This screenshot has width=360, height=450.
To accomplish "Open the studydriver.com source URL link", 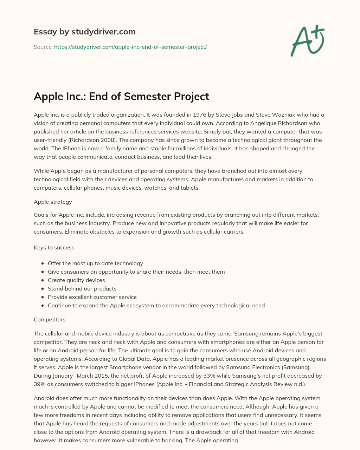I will [130, 47].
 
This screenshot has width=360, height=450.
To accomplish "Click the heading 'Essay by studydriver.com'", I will [84, 32].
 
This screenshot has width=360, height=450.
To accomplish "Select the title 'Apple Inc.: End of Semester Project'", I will [121, 96].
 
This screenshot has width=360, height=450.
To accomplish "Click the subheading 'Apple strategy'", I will [53, 202].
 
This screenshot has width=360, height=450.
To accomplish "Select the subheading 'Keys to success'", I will [54, 248].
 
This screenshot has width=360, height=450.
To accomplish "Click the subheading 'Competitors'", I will [50, 320].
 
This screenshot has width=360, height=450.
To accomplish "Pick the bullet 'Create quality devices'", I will [76, 280].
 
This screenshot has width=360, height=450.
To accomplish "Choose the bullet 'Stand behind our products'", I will [82, 289].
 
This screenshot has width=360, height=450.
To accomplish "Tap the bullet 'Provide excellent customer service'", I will [92, 297].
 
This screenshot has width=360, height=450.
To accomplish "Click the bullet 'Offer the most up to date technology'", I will [95, 263].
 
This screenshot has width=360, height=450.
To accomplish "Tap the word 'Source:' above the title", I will [43, 47].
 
